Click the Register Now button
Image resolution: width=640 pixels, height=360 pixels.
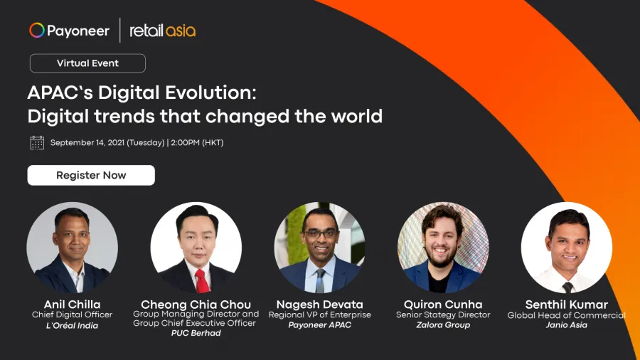[x=91, y=175]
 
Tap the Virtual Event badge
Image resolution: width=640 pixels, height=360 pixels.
[x=87, y=63]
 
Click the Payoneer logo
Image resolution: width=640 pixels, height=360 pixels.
[x=70, y=31]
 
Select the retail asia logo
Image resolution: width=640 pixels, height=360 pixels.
[x=162, y=31]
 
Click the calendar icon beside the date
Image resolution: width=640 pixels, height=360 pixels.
[x=37, y=143]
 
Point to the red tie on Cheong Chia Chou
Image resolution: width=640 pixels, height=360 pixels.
[x=202, y=281]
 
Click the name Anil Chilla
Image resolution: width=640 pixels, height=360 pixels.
[x=73, y=305]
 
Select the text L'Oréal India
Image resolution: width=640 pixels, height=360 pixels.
[x=73, y=326]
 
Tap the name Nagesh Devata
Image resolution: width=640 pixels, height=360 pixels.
[x=319, y=305]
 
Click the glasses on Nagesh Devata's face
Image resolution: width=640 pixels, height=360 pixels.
[x=321, y=234]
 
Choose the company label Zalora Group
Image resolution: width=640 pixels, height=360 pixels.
[x=443, y=325]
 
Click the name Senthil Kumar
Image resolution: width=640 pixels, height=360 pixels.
[x=567, y=305]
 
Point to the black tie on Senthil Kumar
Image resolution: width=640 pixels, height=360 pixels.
[x=567, y=287]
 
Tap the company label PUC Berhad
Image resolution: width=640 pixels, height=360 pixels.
[x=196, y=333]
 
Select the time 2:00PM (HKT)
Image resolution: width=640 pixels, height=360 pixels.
[x=197, y=143]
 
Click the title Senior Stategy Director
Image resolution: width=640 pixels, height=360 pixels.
[x=443, y=314]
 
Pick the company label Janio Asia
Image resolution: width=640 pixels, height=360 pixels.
[x=567, y=325]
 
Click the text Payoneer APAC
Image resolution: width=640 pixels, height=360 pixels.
[x=319, y=325]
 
